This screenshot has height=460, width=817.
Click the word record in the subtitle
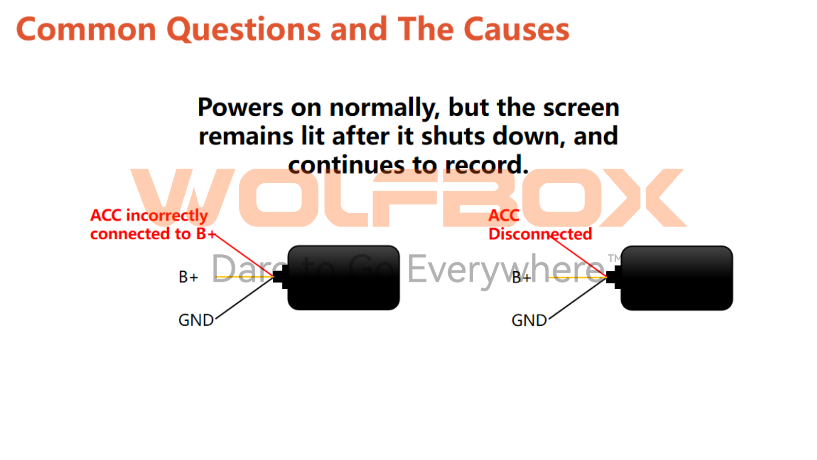tap(487, 165)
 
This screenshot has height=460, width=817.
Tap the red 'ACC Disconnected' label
tap(540, 224)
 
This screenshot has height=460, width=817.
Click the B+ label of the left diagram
tap(189, 277)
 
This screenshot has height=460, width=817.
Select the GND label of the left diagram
tap(196, 320)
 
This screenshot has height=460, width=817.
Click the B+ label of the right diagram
tap(522, 278)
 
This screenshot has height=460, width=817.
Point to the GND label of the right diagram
tap(529, 320)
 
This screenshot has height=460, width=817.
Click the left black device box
tap(343, 278)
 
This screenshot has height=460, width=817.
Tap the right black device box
tap(677, 278)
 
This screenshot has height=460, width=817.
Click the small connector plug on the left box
tap(280, 277)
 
